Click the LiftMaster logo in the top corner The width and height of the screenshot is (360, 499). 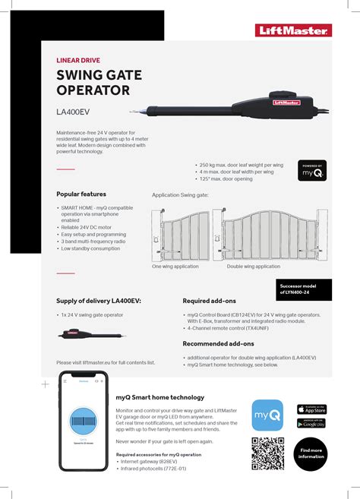click(x=293, y=30)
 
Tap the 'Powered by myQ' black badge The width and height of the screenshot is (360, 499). click(x=312, y=171)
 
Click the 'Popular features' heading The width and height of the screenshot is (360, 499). click(x=81, y=194)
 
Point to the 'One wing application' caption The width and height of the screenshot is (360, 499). click(x=175, y=267)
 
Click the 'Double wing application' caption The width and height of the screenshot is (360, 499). click(x=253, y=267)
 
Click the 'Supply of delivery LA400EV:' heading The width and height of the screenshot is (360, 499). click(x=98, y=301)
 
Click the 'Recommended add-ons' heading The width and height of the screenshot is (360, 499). click(x=219, y=343)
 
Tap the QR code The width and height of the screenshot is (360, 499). click(x=267, y=453)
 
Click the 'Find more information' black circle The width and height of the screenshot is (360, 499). click(x=311, y=454)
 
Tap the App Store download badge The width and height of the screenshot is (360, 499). click(x=311, y=409)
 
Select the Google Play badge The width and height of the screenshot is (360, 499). click(x=311, y=423)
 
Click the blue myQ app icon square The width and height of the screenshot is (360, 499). click(x=267, y=415)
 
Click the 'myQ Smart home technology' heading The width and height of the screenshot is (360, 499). click(x=159, y=397)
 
